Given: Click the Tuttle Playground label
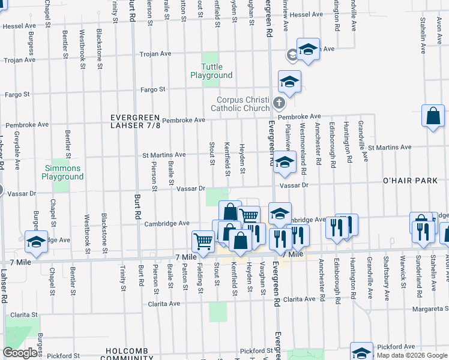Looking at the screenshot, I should click(211, 71).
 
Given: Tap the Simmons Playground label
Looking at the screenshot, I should click(62, 173).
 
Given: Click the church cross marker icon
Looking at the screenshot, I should click(279, 103).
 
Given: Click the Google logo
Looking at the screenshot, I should click(20, 353).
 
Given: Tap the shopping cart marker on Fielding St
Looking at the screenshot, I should click(203, 241).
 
